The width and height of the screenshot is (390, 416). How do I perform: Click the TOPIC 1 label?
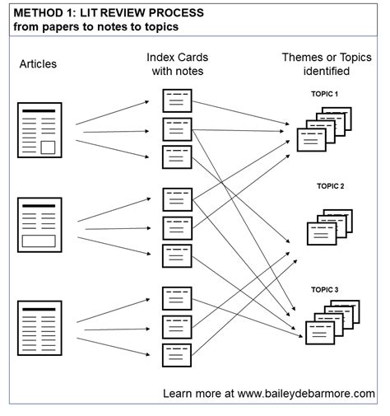pos(324,94)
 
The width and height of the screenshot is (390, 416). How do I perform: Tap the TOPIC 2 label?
pos(330,186)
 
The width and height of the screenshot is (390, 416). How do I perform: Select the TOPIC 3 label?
pos(324,289)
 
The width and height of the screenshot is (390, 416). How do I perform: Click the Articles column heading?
pos(38,64)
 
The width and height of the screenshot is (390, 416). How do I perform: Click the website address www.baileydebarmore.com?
pos(306,394)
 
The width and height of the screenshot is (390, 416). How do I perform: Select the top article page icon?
pos(39,130)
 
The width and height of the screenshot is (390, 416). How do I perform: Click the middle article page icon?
pos(39,225)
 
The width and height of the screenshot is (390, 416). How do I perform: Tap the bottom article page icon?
pos(39,328)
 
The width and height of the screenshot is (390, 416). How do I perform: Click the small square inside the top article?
pos(48,147)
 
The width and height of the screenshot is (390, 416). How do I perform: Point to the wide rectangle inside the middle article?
pos(39,241)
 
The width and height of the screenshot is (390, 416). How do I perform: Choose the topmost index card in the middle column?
pos(177,100)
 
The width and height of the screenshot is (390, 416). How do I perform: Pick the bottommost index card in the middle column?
pos(177,355)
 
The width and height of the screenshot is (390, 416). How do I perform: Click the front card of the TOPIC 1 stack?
pos(312,140)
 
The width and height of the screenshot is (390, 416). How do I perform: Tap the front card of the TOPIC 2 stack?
pos(322,234)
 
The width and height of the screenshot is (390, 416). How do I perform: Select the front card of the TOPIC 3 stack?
pos(320,333)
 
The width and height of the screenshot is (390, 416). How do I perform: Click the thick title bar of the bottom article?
pos(39,309)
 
